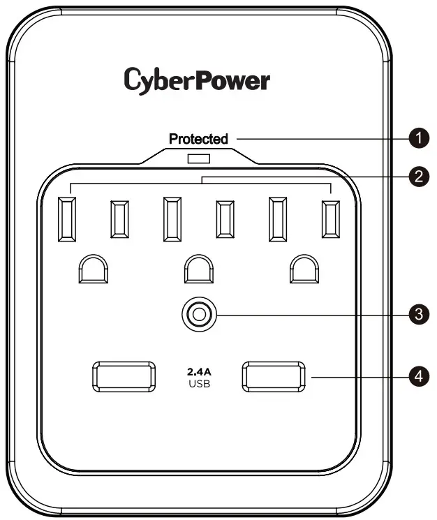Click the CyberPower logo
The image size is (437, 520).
coord(197,80)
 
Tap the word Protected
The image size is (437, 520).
coord(198,139)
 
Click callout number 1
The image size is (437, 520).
coord(418,139)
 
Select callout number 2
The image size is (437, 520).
coord(418,177)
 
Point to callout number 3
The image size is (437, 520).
coord(418,314)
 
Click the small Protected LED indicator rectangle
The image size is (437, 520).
coord(198,158)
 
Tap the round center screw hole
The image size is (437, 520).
coord(198,315)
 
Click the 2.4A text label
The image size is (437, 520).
coord(198,371)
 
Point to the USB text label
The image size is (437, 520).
coord(198,383)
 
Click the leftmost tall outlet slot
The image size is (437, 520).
coord(68,219)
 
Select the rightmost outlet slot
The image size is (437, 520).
coord(330,219)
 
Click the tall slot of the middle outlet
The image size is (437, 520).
coord(172,219)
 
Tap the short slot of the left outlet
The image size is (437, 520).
coord(119,219)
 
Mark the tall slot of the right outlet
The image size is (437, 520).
coord(279,219)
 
